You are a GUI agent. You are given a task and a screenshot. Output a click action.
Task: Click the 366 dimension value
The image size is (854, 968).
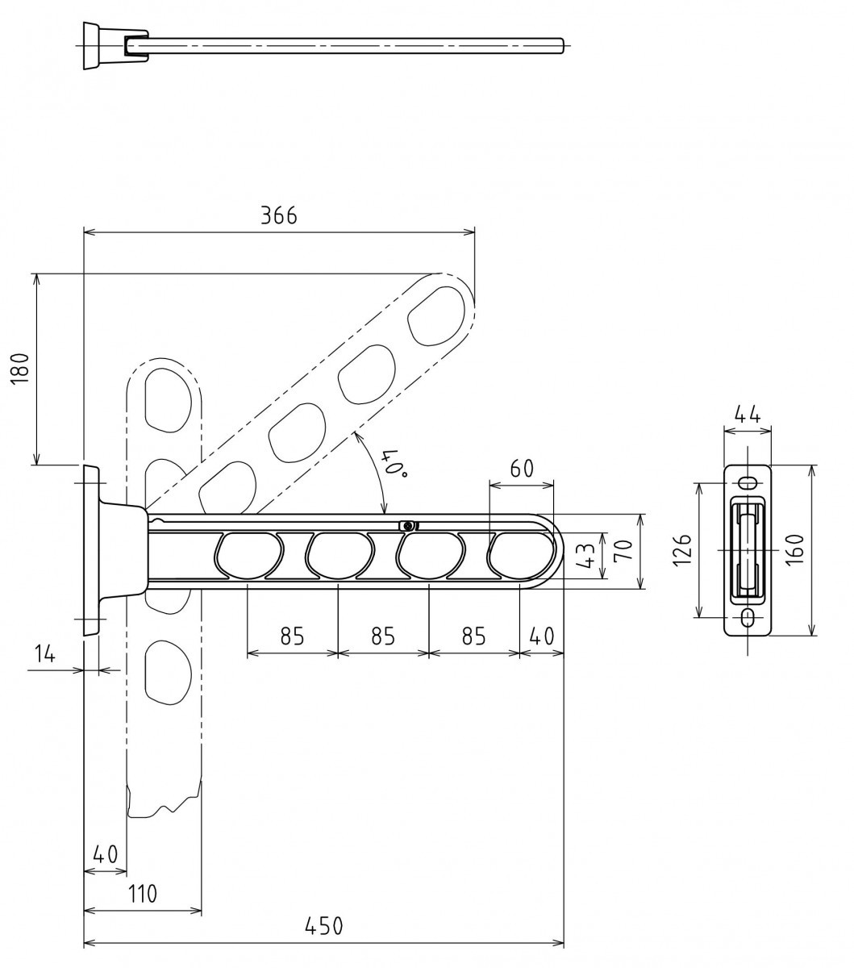point(279,216)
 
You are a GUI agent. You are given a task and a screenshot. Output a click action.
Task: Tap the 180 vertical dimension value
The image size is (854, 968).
point(20,368)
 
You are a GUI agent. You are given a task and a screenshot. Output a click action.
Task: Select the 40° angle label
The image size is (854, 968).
point(396,465)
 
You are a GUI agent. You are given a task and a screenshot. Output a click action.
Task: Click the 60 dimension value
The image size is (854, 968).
point(522,469)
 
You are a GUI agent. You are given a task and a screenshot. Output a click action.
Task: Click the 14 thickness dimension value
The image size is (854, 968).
point(44,653)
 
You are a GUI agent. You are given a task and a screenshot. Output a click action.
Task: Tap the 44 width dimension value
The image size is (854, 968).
point(748,415)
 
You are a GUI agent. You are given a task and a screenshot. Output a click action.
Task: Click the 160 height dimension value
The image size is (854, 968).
point(796,550)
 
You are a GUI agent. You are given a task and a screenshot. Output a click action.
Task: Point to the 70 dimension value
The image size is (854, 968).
point(624,550)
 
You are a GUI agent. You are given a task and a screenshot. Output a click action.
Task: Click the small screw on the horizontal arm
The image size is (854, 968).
point(407,526)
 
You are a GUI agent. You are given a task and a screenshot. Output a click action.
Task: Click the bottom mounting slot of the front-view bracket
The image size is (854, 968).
point(748,617)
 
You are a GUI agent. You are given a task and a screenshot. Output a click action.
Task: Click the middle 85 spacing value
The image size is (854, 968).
point(383,636)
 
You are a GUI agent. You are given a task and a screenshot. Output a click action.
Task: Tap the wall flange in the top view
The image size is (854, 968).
point(92,46)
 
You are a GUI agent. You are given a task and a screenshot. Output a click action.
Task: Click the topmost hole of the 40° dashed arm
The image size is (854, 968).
point(435,316)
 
